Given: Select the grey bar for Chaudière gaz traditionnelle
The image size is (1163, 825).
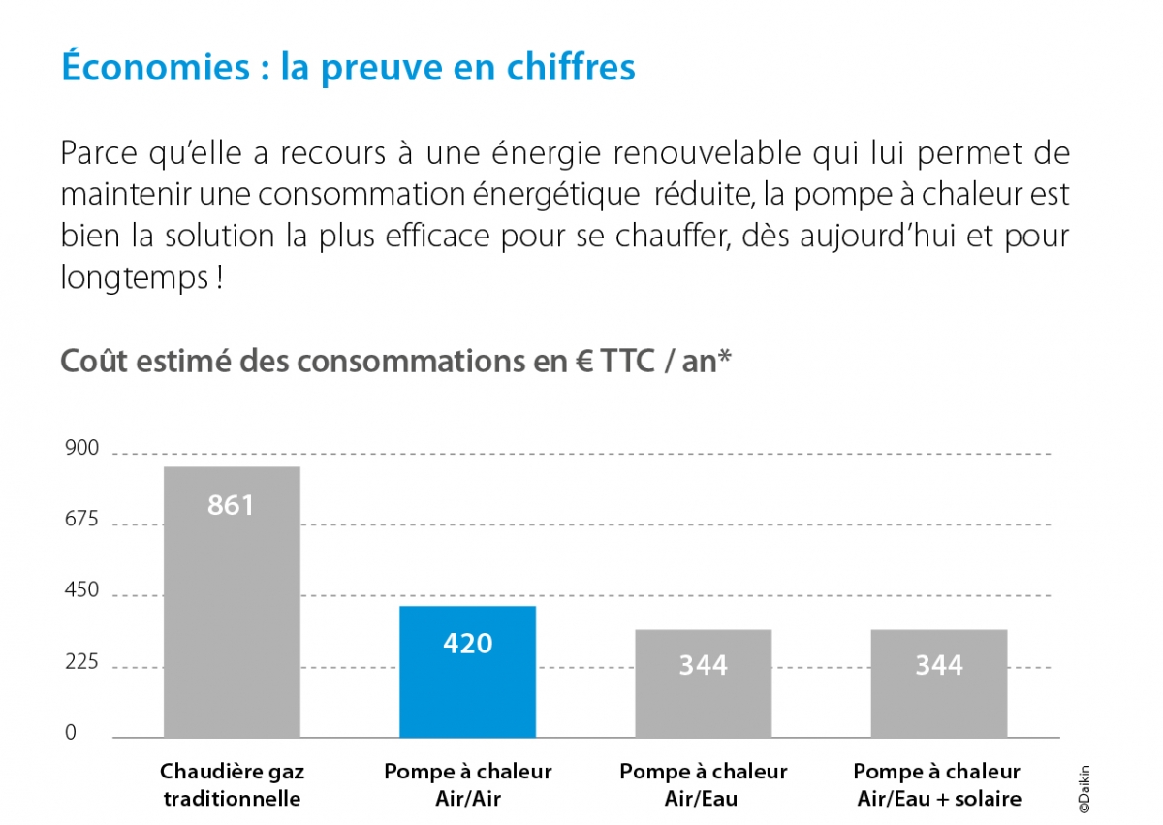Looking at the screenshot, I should pos(232,601).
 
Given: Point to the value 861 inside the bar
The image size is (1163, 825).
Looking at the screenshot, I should pos(231,505).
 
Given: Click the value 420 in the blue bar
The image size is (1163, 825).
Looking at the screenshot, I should pos(467,643).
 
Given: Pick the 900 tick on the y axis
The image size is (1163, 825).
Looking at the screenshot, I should pos(82,448).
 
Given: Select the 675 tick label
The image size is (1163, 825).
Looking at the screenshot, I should pos(82,520).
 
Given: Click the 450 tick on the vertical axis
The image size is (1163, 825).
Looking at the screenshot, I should pos(82,590).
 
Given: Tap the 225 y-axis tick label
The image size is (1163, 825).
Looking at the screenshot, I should pos(82,662).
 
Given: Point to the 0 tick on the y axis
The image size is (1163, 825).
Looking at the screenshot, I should pos(71,733).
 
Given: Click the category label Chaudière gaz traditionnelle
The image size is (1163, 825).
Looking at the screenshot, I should pos(232,785).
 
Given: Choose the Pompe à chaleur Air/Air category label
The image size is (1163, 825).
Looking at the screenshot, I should pos(467,785).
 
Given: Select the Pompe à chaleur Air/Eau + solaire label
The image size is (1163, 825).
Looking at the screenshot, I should pos(937,785).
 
